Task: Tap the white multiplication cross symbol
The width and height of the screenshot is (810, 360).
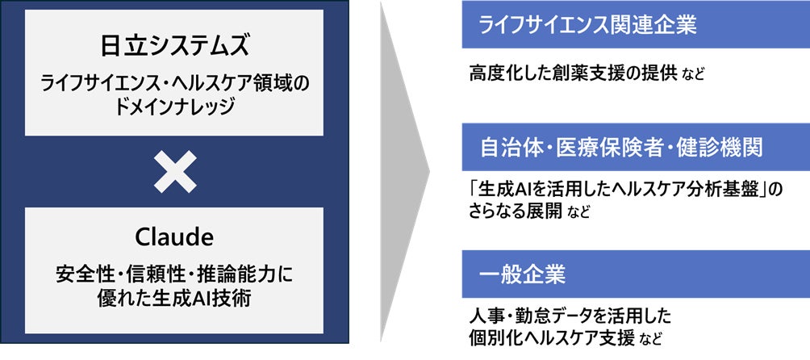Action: click(x=175, y=171)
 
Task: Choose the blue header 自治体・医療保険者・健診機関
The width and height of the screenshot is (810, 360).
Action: click(x=621, y=147)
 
